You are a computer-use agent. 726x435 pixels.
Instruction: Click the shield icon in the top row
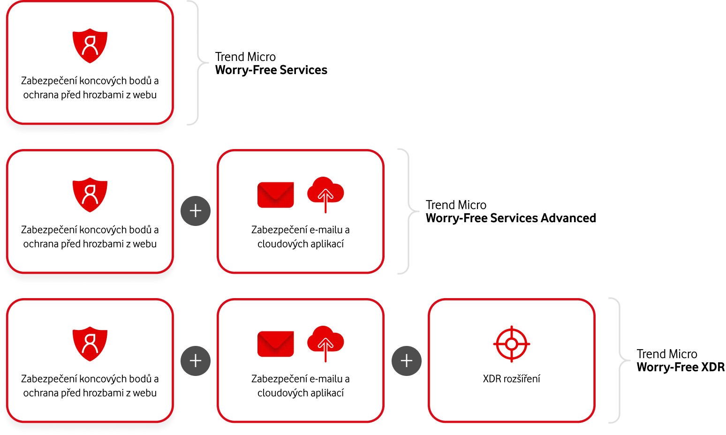[x=90, y=45]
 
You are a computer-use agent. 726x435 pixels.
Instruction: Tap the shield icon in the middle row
[x=90, y=195]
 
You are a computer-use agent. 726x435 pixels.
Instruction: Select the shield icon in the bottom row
[x=90, y=344]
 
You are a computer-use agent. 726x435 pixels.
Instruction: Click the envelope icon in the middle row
[x=276, y=195]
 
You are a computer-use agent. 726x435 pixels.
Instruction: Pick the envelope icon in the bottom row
[x=276, y=344]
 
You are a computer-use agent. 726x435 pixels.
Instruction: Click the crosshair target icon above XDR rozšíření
[x=512, y=344]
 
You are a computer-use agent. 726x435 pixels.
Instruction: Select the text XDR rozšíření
[x=512, y=379]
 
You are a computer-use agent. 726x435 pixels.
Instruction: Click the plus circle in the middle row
[x=196, y=211]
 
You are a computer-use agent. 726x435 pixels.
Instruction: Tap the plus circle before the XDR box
[x=407, y=360]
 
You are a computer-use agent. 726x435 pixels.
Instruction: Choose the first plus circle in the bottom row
[x=196, y=360]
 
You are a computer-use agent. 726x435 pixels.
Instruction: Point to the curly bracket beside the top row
[x=198, y=62]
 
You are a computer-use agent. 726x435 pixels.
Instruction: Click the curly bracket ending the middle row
[x=409, y=211]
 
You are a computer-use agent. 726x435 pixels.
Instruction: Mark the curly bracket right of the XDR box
[x=620, y=360]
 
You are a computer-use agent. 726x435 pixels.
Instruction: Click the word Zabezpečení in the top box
[x=48, y=81]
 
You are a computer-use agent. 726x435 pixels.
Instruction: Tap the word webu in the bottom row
[x=144, y=393]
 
